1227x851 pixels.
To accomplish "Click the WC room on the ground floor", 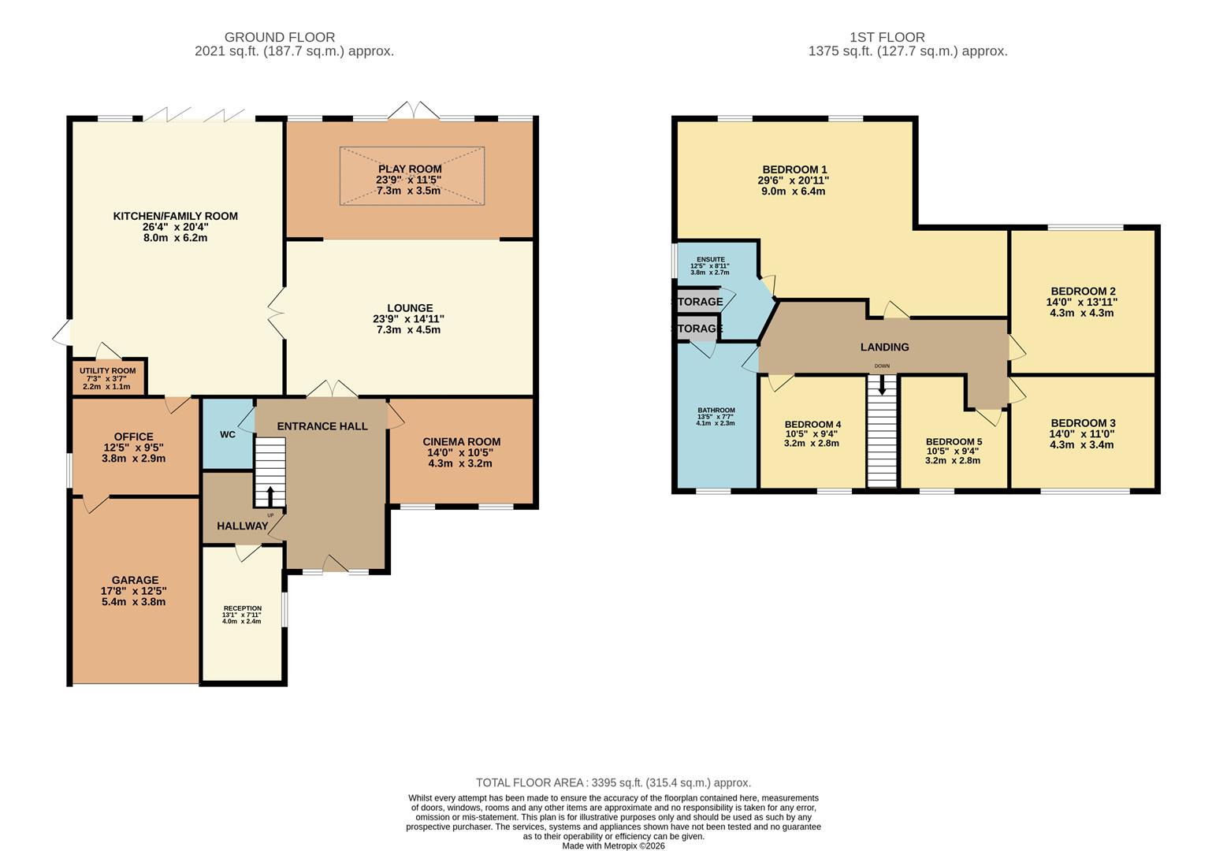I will click(227, 435).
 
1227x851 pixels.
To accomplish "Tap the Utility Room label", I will click(107, 371).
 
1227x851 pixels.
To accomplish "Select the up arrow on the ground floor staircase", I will click(270, 496).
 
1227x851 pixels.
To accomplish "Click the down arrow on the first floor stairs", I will click(882, 385).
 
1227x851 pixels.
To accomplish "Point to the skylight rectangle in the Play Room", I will click(411, 176).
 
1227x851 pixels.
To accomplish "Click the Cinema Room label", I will click(461, 442).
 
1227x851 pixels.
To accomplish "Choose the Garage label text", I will click(135, 580).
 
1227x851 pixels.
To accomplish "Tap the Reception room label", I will click(242, 608).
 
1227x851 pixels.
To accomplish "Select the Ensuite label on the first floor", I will click(710, 259).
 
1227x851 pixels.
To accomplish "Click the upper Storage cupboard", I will click(697, 302).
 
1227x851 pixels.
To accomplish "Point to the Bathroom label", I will click(716, 411).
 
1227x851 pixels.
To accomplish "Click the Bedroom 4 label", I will click(812, 423).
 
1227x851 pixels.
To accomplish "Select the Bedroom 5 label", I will click(954, 441).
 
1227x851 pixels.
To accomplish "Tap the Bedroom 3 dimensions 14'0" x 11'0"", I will click(1082, 433).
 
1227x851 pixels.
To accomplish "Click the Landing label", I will click(884, 347).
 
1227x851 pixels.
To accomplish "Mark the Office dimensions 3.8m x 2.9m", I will click(133, 458).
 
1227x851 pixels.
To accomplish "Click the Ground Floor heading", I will click(280, 37).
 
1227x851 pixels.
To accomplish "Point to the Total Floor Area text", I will click(613, 782).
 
